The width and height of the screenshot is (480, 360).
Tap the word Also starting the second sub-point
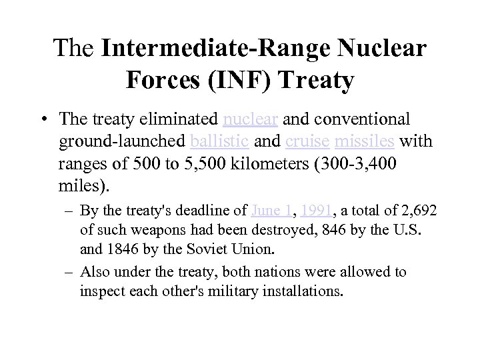[x=93, y=273]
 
